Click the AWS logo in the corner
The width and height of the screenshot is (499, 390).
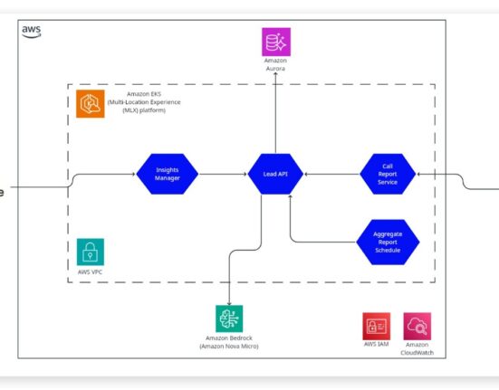tap(31, 32)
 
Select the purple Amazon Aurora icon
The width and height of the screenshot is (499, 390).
tap(276, 42)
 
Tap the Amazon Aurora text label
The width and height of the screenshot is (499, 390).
tap(275, 64)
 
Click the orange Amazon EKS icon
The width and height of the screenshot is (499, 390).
tap(90, 104)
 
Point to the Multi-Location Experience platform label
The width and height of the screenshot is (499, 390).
tap(144, 102)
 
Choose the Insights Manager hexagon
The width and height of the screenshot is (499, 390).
tap(167, 174)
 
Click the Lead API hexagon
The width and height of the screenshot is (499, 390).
tap(275, 174)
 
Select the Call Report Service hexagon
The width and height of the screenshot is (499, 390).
tap(388, 174)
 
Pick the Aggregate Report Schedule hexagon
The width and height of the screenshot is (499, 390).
tap(388, 242)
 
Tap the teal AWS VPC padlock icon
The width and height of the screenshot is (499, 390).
tap(91, 252)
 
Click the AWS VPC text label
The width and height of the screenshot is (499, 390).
tap(90, 272)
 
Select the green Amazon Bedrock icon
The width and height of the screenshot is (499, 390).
tap(229, 319)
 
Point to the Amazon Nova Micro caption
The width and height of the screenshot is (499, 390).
tap(229, 347)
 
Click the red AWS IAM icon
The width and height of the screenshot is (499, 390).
tap(376, 326)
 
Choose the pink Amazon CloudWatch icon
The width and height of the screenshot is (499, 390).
tap(417, 326)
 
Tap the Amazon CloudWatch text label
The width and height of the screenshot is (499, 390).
tap(417, 348)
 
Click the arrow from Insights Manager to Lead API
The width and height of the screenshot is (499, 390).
tap(223, 174)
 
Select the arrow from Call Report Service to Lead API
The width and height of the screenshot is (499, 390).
tap(331, 174)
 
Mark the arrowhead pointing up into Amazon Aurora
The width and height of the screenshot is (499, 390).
tap(275, 74)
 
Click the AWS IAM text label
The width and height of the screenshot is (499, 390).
tap(376, 344)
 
